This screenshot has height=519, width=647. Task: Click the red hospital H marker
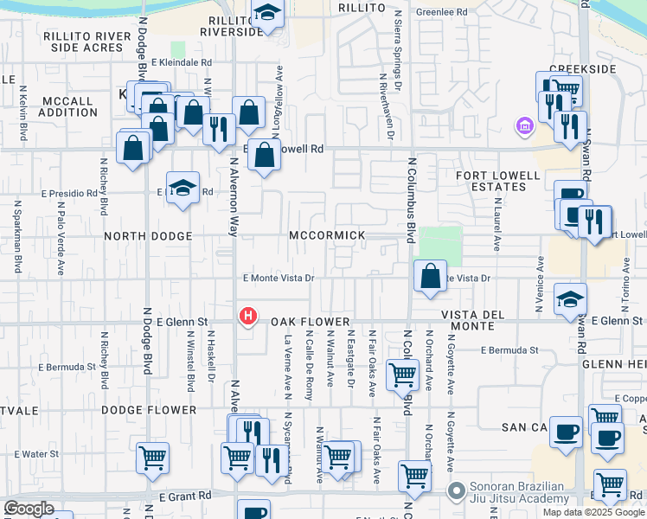tap(248, 317)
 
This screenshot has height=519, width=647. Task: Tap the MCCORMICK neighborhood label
tap(327, 235)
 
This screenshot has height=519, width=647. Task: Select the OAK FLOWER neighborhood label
tap(298, 322)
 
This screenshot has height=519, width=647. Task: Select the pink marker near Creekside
tap(522, 126)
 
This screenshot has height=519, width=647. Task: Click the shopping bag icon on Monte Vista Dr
tap(430, 276)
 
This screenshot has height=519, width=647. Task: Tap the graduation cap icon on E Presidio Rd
tap(183, 188)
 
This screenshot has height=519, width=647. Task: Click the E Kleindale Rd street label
tap(181, 62)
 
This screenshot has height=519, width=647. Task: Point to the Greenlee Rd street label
tap(441, 12)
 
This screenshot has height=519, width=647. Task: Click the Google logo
tap(29, 509)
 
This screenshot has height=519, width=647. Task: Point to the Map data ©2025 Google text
tap(592, 512)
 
